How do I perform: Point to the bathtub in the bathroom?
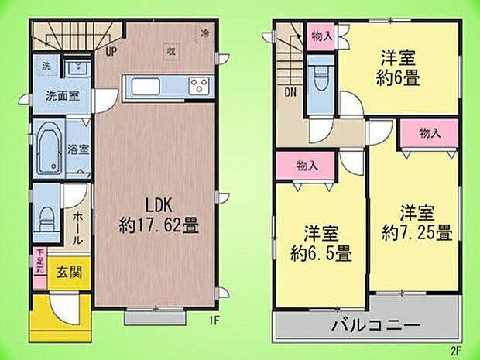click(x=48, y=146)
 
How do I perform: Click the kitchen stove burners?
click(x=199, y=85)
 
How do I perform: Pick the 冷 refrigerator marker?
click(x=205, y=33)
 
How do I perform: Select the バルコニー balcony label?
click(x=376, y=324)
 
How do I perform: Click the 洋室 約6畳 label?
click(x=399, y=67)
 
